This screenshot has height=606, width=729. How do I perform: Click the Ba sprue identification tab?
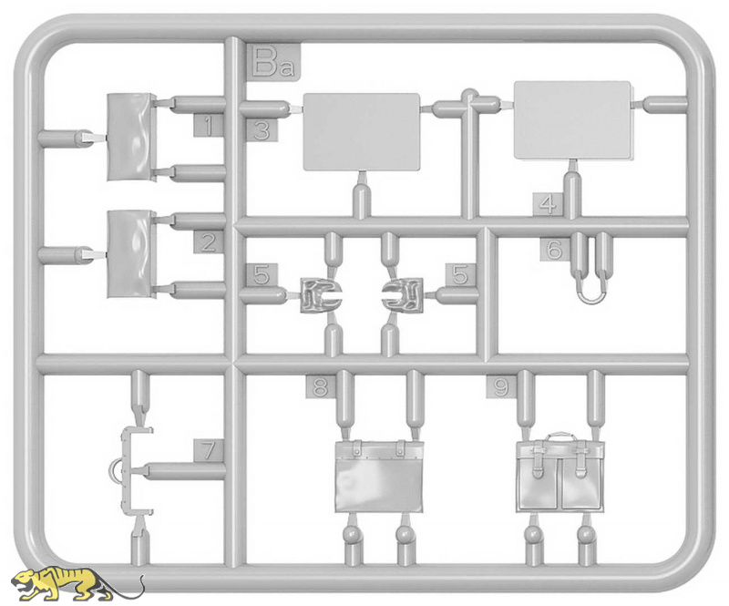pyautogui.click(x=274, y=63)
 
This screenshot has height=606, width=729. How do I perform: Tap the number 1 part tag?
pyautogui.click(x=209, y=126)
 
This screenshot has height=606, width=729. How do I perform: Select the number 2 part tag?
pyautogui.click(x=209, y=241)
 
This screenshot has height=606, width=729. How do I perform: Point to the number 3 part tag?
pyautogui.click(x=262, y=130)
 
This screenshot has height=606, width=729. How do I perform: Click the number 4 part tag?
pyautogui.click(x=549, y=204)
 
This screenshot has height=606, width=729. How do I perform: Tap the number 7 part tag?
pyautogui.click(x=209, y=450)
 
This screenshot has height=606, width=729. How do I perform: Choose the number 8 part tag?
pyautogui.click(x=321, y=386)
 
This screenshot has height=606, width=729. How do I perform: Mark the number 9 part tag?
pyautogui.click(x=501, y=386)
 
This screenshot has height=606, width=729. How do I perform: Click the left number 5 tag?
pyautogui.click(x=262, y=275)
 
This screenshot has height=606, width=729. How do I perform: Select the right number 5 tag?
pyautogui.click(x=460, y=275)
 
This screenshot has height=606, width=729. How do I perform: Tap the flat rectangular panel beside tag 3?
pyautogui.click(x=362, y=132)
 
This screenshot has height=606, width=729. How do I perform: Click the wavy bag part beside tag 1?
pyautogui.click(x=131, y=138)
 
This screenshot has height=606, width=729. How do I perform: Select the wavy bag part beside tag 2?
pyautogui.click(x=131, y=254)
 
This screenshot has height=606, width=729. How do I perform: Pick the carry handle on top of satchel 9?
pyautogui.click(x=560, y=436)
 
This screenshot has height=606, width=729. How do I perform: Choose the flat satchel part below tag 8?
pyautogui.click(x=379, y=476)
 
